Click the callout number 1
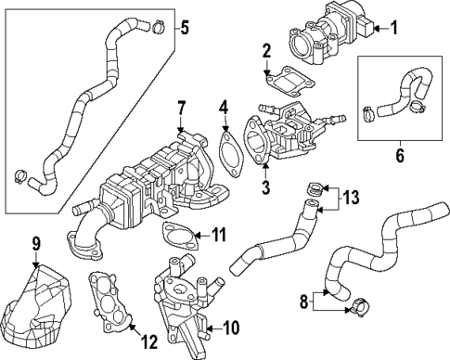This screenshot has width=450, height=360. coord(393,27)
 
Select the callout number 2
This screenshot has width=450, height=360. coord(266,50)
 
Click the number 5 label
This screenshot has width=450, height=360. coord(184,26)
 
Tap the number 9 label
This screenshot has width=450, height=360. coord(36,245)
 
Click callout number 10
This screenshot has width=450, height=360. coord(232,327)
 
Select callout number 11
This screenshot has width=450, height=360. coord(218,233)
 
